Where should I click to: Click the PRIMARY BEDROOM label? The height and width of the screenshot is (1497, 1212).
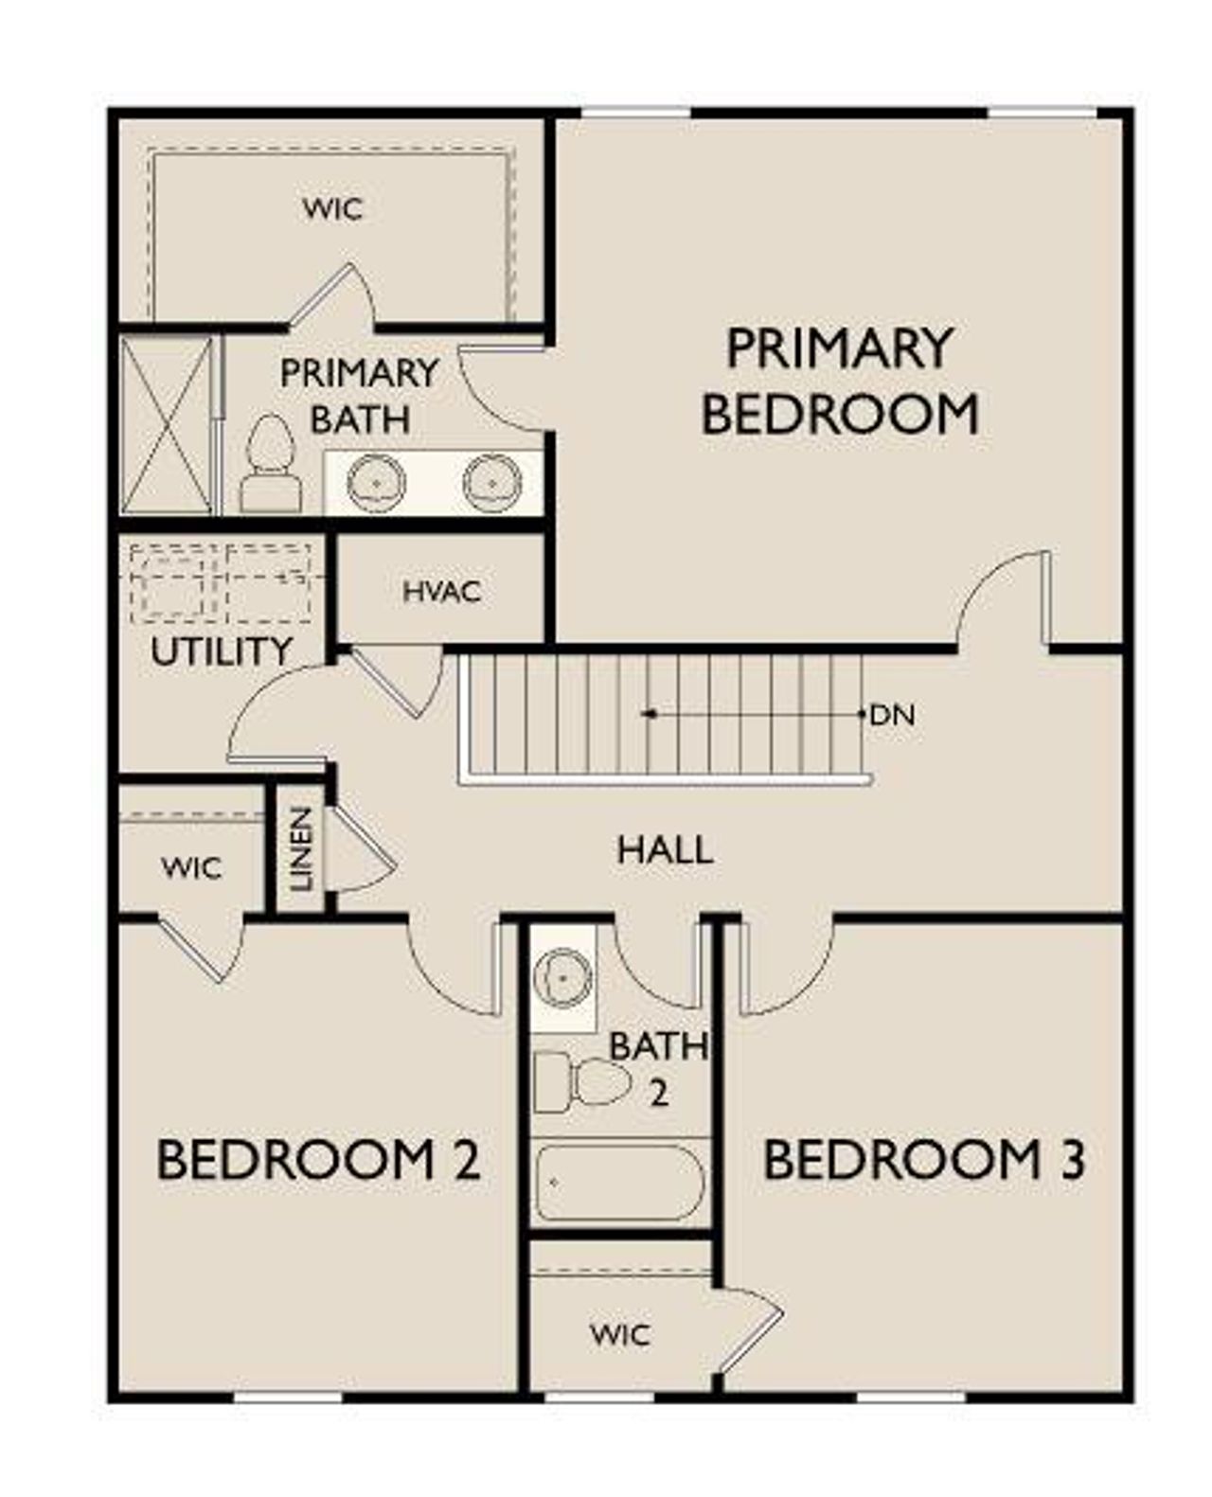click(x=839, y=381)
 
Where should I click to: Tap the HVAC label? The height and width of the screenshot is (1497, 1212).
click(x=441, y=592)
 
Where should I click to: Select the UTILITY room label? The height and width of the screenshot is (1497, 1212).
click(x=222, y=651)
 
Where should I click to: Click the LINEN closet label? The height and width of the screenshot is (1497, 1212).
click(x=301, y=849)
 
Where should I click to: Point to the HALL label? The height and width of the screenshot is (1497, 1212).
click(x=665, y=849)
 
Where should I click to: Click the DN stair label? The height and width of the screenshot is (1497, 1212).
click(x=892, y=715)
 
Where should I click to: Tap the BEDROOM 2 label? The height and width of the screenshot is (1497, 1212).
click(x=318, y=1160)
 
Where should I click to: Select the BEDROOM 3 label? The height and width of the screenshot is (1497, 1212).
click(x=923, y=1160)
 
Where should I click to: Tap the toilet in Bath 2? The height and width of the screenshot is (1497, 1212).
click(x=583, y=1081)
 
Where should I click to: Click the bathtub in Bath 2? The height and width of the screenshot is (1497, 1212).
click(x=620, y=1184)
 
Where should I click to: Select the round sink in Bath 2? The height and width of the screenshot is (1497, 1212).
click(x=562, y=975)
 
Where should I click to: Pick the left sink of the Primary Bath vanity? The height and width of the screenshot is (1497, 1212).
click(x=376, y=482)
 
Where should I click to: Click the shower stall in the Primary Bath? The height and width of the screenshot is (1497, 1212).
click(x=167, y=425)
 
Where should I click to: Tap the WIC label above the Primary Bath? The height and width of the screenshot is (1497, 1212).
click(x=332, y=208)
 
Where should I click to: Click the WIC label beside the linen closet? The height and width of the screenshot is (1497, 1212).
click(x=191, y=867)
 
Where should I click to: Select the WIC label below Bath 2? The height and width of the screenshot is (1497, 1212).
click(x=619, y=1335)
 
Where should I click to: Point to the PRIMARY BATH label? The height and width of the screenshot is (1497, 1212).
click(x=360, y=396)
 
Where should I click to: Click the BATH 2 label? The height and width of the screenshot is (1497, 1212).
click(x=658, y=1068)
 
